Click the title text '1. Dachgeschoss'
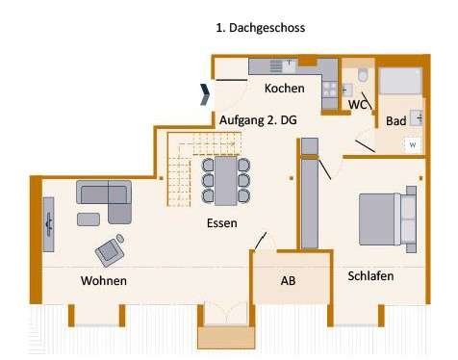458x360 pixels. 261,28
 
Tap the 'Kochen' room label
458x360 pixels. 284,89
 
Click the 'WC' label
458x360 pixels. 358,104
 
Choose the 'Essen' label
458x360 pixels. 222,222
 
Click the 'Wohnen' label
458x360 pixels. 104,280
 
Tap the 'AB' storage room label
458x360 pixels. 288,281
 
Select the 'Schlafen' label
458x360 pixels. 370,275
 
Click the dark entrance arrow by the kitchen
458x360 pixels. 205,93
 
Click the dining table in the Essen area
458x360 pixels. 226,180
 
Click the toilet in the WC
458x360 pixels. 362,76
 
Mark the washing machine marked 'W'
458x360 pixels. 412,144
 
